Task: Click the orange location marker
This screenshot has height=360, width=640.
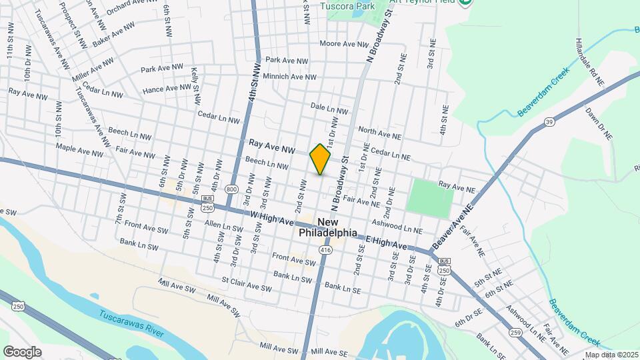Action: coord(320,159)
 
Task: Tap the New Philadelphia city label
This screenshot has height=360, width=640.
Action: coord(327,227)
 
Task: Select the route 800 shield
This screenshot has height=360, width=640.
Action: coord(231,189)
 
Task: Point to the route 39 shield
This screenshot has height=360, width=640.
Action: coord(549,122)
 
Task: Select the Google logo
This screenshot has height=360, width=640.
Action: coord(22,351)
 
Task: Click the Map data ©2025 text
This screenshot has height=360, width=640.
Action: coord(611,355)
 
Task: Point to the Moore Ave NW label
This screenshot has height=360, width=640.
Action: coord(344,44)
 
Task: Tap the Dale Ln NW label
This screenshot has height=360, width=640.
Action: coord(329,108)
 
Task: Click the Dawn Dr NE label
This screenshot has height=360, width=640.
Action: coord(598,124)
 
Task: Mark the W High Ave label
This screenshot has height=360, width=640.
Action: coord(273,218)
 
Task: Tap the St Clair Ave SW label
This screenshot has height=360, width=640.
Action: coord(247,285)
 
